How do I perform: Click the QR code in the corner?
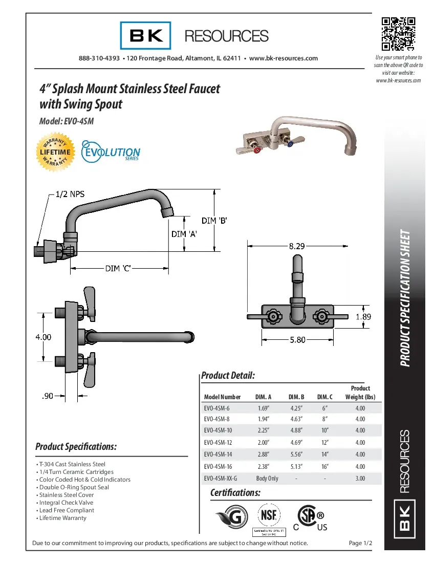coord(398,35)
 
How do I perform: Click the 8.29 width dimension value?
coord(297,246)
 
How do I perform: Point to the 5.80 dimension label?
coord(297,339)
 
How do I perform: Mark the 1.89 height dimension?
coord(363,317)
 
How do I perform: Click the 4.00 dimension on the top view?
coord(43,337)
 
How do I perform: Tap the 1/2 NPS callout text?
coord(70,194)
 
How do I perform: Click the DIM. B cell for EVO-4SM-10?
coord(296,430)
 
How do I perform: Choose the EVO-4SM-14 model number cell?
coord(218,454)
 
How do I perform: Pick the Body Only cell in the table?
coord(267,479)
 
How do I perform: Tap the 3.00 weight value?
coord(360,479)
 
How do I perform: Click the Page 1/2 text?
coord(360,543)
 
